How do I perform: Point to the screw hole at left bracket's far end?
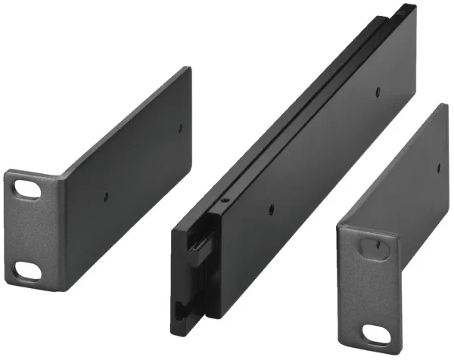180,127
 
